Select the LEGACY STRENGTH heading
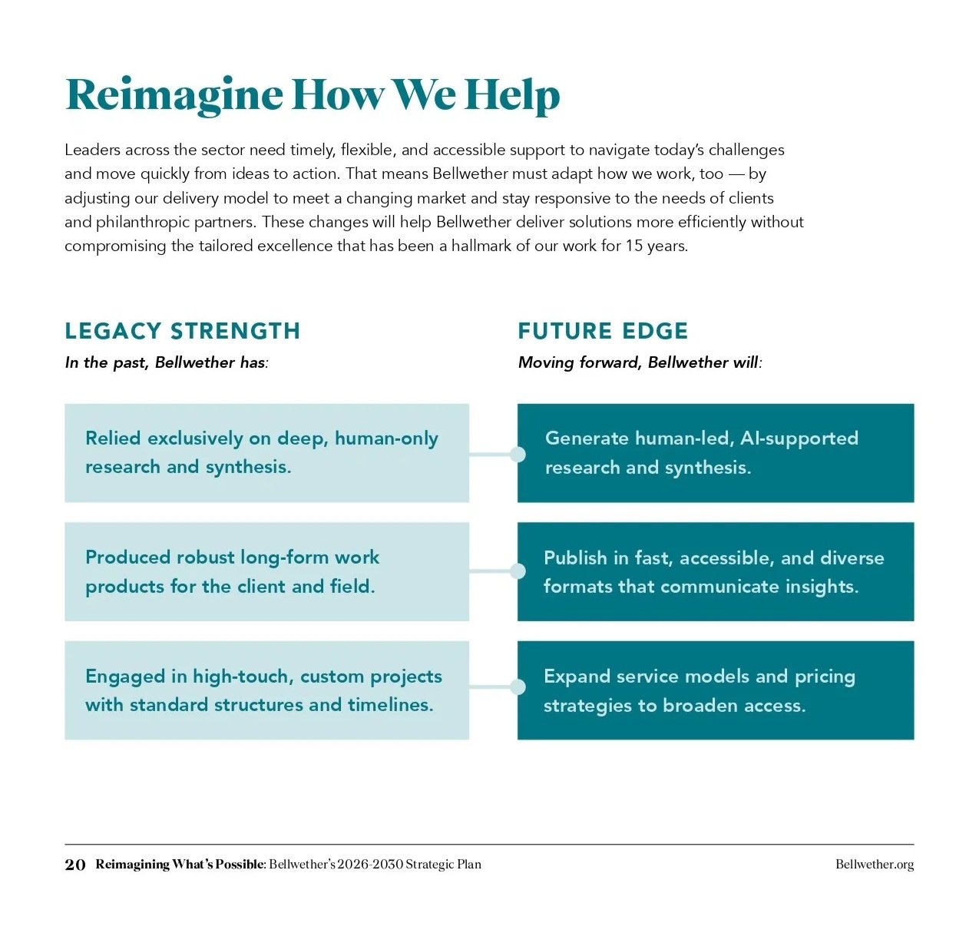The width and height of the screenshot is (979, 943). [182, 331]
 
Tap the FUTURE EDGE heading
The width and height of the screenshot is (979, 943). [603, 331]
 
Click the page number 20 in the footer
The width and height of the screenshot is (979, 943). [75, 865]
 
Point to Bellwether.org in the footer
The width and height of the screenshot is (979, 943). [875, 865]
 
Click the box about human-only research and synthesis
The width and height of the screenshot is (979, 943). [266, 453]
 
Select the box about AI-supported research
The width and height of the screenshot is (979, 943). [716, 453]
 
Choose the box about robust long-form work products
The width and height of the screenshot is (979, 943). [266, 572]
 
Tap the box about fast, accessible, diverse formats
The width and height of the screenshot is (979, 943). [716, 572]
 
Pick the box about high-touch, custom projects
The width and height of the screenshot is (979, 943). [266, 690]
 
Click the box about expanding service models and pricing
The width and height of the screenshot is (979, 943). [716, 690]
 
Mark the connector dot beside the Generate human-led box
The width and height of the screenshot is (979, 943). [518, 455]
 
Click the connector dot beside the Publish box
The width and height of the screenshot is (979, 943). [518, 571]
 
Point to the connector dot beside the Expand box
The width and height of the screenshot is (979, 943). [518, 687]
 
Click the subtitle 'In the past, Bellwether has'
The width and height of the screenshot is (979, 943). [167, 362]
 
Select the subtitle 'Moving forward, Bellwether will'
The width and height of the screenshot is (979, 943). [640, 362]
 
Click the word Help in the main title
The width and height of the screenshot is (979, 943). [512, 95]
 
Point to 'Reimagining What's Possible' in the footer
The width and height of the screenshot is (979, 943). [180, 865]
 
